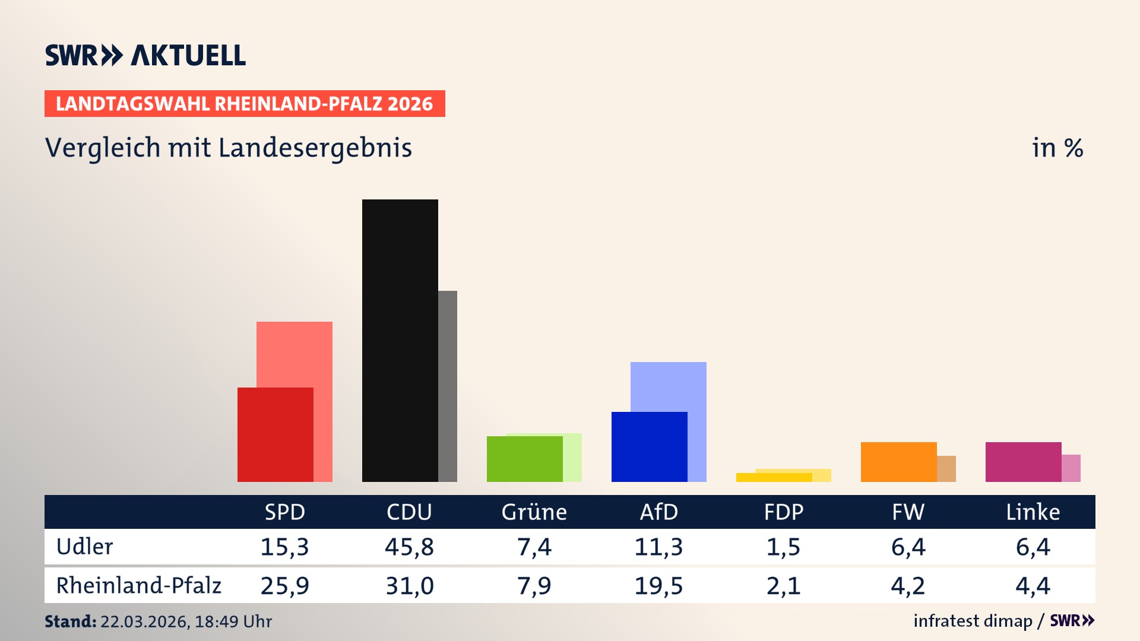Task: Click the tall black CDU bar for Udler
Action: coord(400,340)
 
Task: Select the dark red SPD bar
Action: coord(275,434)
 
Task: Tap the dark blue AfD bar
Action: coord(649,446)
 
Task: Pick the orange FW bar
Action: coord(898,462)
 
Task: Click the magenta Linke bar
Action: coord(1023,462)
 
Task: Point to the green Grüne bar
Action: coord(524,459)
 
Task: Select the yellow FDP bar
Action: coord(774,477)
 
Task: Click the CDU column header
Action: coord(409,512)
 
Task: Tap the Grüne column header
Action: coord(534,512)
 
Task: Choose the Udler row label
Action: coord(84,547)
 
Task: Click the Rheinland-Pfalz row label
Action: coord(138,586)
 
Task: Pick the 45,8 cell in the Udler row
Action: coord(409,547)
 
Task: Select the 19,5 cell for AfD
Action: coord(658,586)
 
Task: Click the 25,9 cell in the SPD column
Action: coord(284,586)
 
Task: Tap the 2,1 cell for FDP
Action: coord(783,586)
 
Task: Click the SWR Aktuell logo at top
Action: coord(145,55)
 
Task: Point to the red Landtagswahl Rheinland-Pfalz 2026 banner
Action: coord(245,104)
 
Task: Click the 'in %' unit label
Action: coord(1057,148)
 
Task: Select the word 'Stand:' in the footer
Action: coord(70,621)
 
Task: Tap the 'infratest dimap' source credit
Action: coord(973,621)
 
